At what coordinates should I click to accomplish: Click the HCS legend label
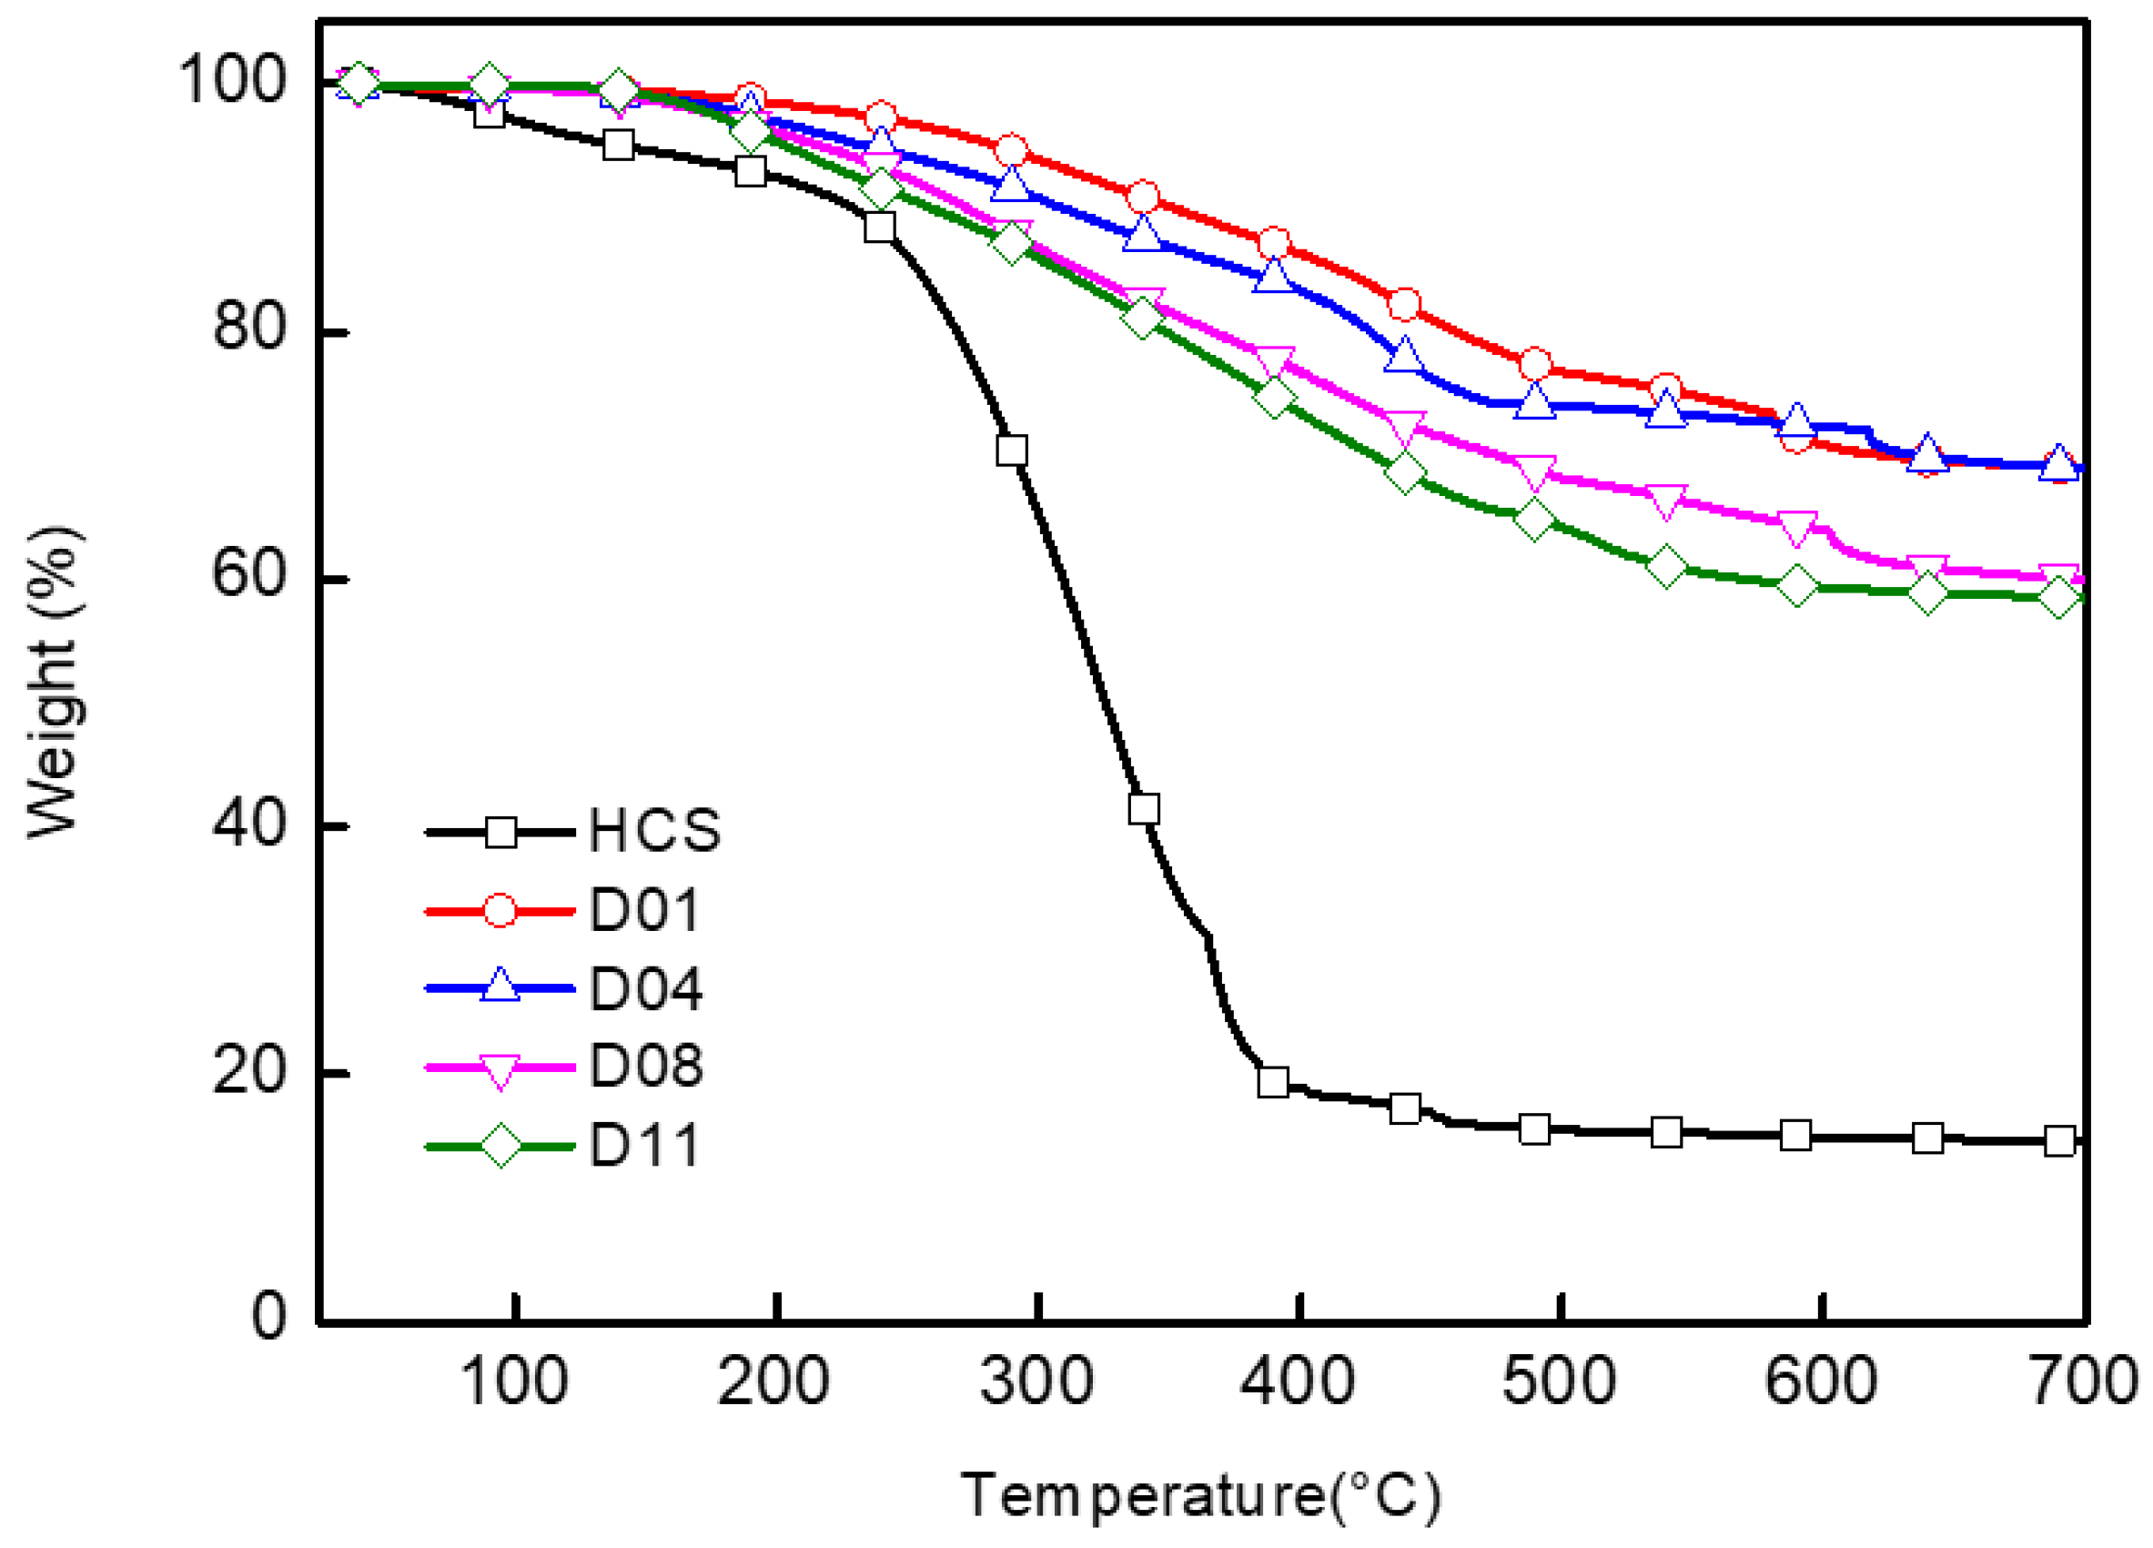(x=654, y=832)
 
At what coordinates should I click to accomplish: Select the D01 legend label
(x=644, y=910)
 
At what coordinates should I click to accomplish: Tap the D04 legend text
(x=645, y=988)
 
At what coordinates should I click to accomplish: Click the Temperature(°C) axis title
(x=1200, y=1496)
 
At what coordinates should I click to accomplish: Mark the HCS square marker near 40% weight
(x=1144, y=810)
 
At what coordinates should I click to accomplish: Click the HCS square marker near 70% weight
(x=1012, y=450)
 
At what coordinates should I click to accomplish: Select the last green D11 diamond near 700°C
(x=2058, y=598)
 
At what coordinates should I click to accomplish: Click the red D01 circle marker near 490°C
(x=1535, y=364)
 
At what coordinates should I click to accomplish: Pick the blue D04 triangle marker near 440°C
(x=1403, y=356)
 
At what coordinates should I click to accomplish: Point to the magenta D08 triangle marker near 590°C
(x=1797, y=529)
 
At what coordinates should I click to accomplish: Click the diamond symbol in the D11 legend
(x=500, y=1146)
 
